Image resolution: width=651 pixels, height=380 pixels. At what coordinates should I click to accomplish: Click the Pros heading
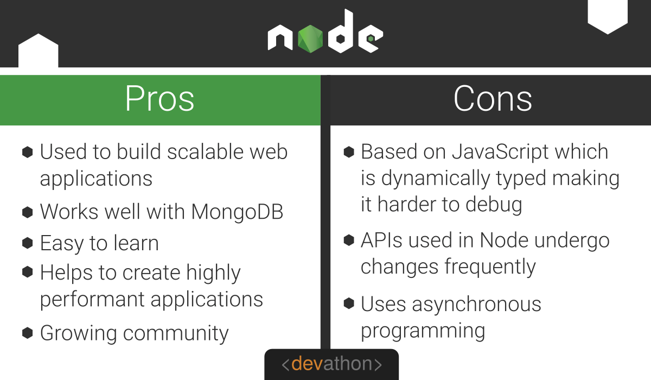[159, 99]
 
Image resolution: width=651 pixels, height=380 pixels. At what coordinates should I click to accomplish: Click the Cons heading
[493, 99]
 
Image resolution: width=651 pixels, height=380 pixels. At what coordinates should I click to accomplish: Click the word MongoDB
[238, 212]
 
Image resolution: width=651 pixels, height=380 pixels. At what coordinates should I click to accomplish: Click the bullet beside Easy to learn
[27, 243]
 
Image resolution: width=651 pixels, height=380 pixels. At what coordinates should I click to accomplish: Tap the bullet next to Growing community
[27, 333]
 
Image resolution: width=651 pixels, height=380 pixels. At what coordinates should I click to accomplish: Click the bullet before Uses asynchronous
[349, 304]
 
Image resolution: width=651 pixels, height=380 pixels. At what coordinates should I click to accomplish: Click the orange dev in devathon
[308, 364]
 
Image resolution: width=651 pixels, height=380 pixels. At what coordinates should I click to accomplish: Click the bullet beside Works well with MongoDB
[27, 212]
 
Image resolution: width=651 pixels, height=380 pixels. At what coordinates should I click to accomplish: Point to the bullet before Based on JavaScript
[349, 152]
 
